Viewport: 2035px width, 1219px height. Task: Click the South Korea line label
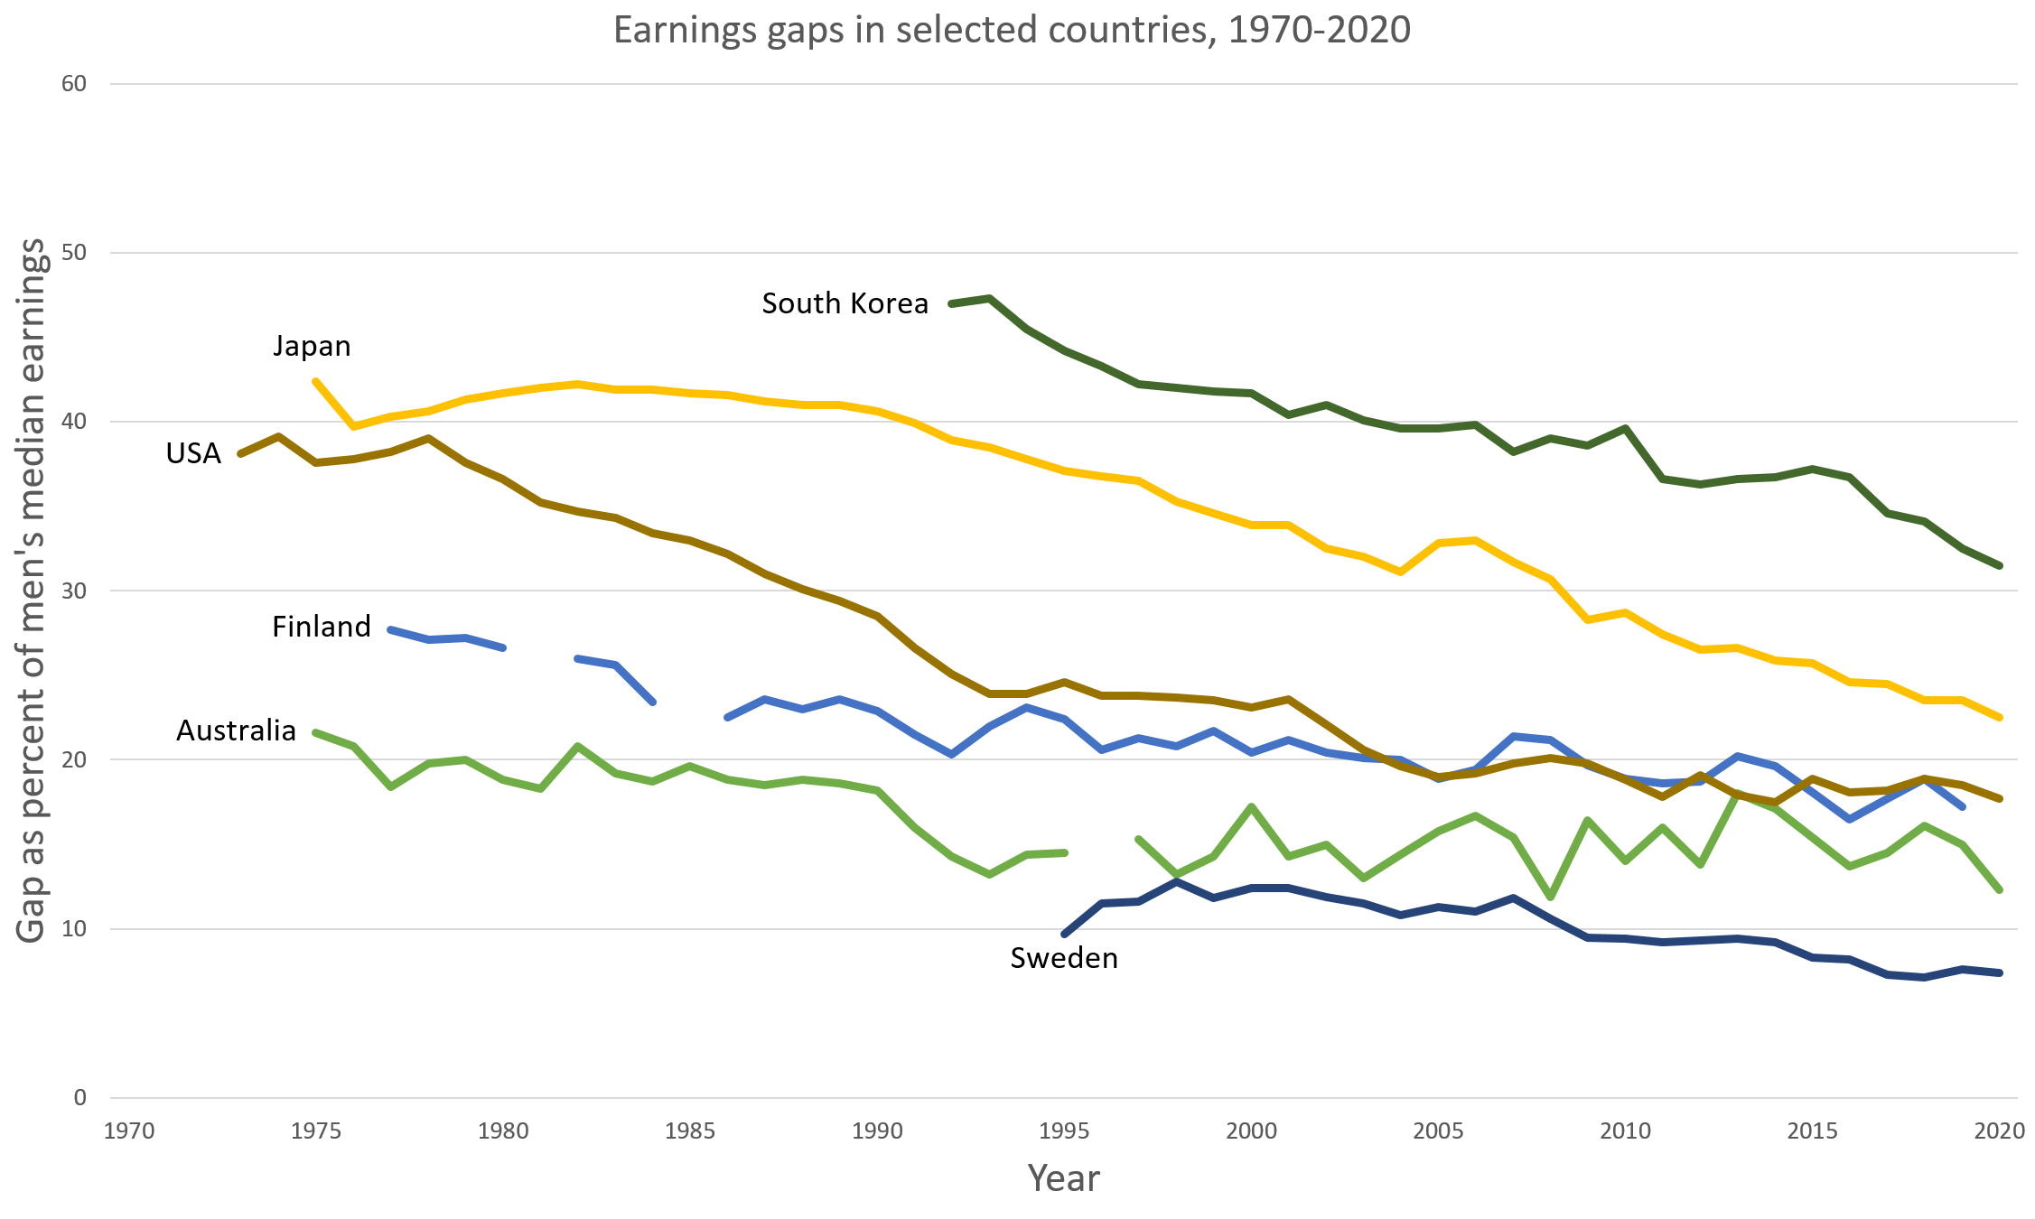click(845, 303)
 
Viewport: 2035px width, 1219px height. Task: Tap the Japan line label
click(312, 346)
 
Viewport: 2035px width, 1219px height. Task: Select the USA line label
click(193, 453)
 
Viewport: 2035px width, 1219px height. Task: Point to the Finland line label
click(322, 627)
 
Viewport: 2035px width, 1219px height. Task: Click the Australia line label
click(236, 730)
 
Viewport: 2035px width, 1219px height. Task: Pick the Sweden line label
click(1064, 958)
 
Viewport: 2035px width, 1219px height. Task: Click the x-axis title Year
click(1063, 1178)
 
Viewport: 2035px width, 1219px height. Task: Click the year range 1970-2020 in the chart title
click(1319, 31)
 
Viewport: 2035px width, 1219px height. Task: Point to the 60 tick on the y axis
click(74, 84)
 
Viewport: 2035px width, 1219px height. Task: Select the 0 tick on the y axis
click(80, 1098)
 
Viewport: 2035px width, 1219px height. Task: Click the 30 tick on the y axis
click(74, 591)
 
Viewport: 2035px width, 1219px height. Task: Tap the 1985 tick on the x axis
click(690, 1131)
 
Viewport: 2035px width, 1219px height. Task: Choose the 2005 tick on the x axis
click(1438, 1131)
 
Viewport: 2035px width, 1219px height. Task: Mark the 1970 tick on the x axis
click(129, 1131)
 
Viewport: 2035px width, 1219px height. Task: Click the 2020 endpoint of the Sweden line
click(2000, 972)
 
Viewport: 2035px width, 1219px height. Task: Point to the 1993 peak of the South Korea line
click(990, 298)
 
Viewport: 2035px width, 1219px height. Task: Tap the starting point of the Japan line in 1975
click(316, 382)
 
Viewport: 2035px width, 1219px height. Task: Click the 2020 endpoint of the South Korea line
click(2000, 565)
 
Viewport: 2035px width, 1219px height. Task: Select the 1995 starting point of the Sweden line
click(1064, 934)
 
